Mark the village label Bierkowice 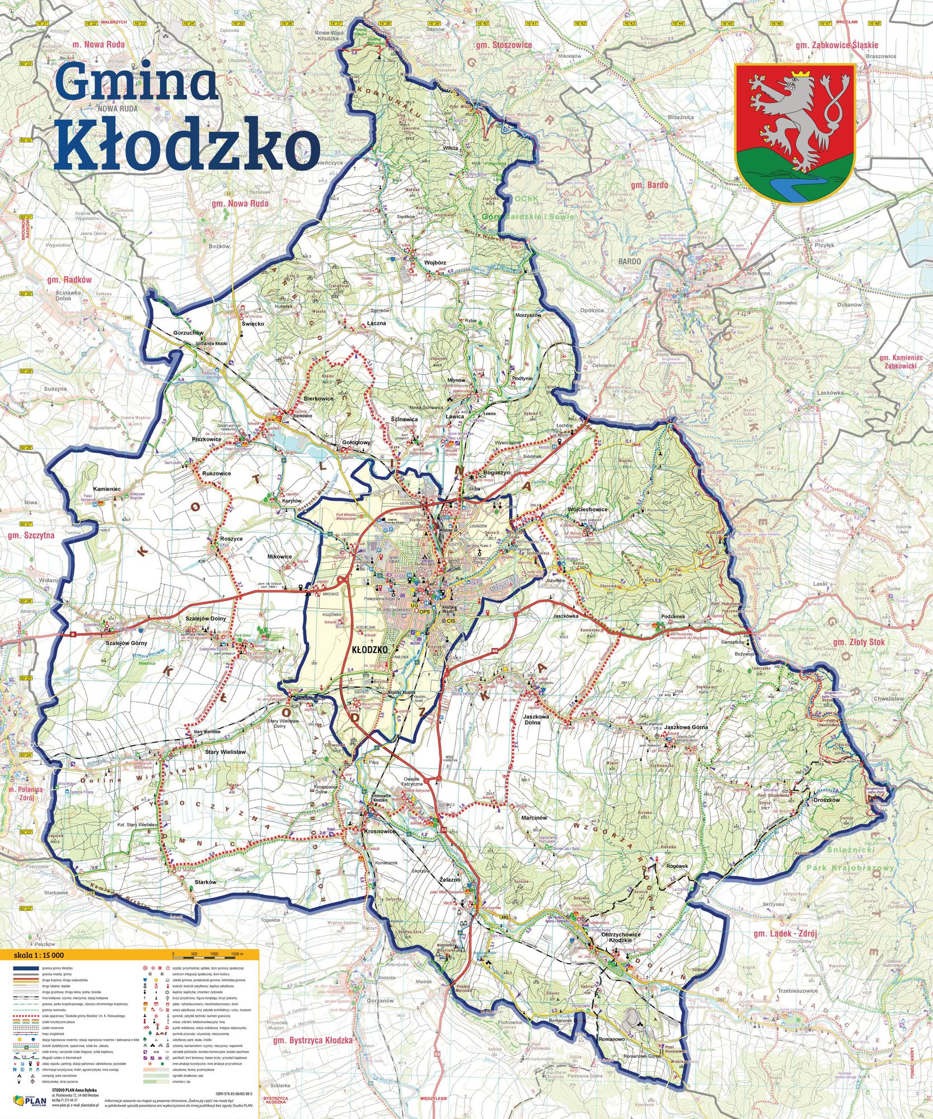[x=318, y=398]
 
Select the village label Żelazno [x=449, y=880]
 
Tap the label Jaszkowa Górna [x=685, y=727]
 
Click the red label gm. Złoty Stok [x=859, y=642]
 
